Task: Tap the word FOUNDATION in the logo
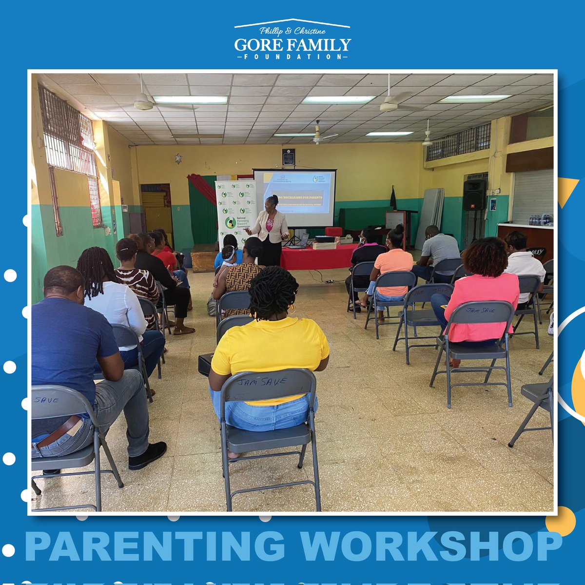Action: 292,57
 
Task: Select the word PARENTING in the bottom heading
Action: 155,546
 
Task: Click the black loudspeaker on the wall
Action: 474,195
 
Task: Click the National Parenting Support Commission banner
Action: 235,210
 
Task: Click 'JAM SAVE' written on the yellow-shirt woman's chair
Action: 261,382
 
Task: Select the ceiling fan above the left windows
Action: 144,103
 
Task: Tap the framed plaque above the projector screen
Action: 288,156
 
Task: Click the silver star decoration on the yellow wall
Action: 178,158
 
